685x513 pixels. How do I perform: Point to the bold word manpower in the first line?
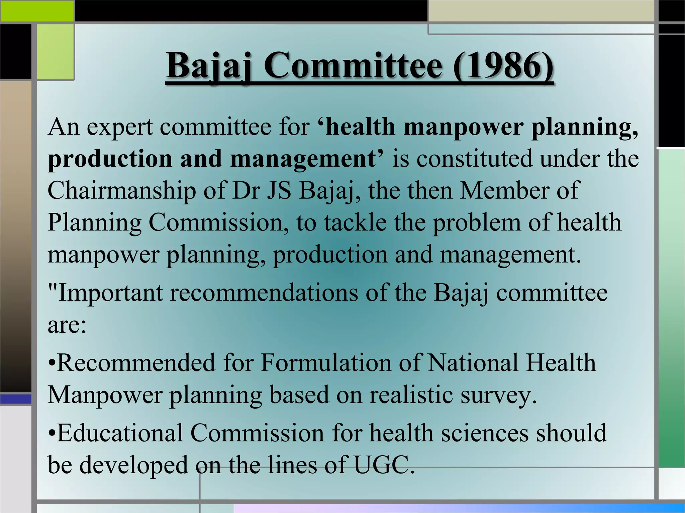coord(463,127)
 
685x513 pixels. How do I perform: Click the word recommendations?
coord(264,293)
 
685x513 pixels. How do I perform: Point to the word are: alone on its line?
coord(67,325)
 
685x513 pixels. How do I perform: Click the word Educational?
coord(120,433)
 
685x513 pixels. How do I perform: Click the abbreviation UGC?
coord(384,465)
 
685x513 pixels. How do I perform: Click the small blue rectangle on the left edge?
coord(16,399)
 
